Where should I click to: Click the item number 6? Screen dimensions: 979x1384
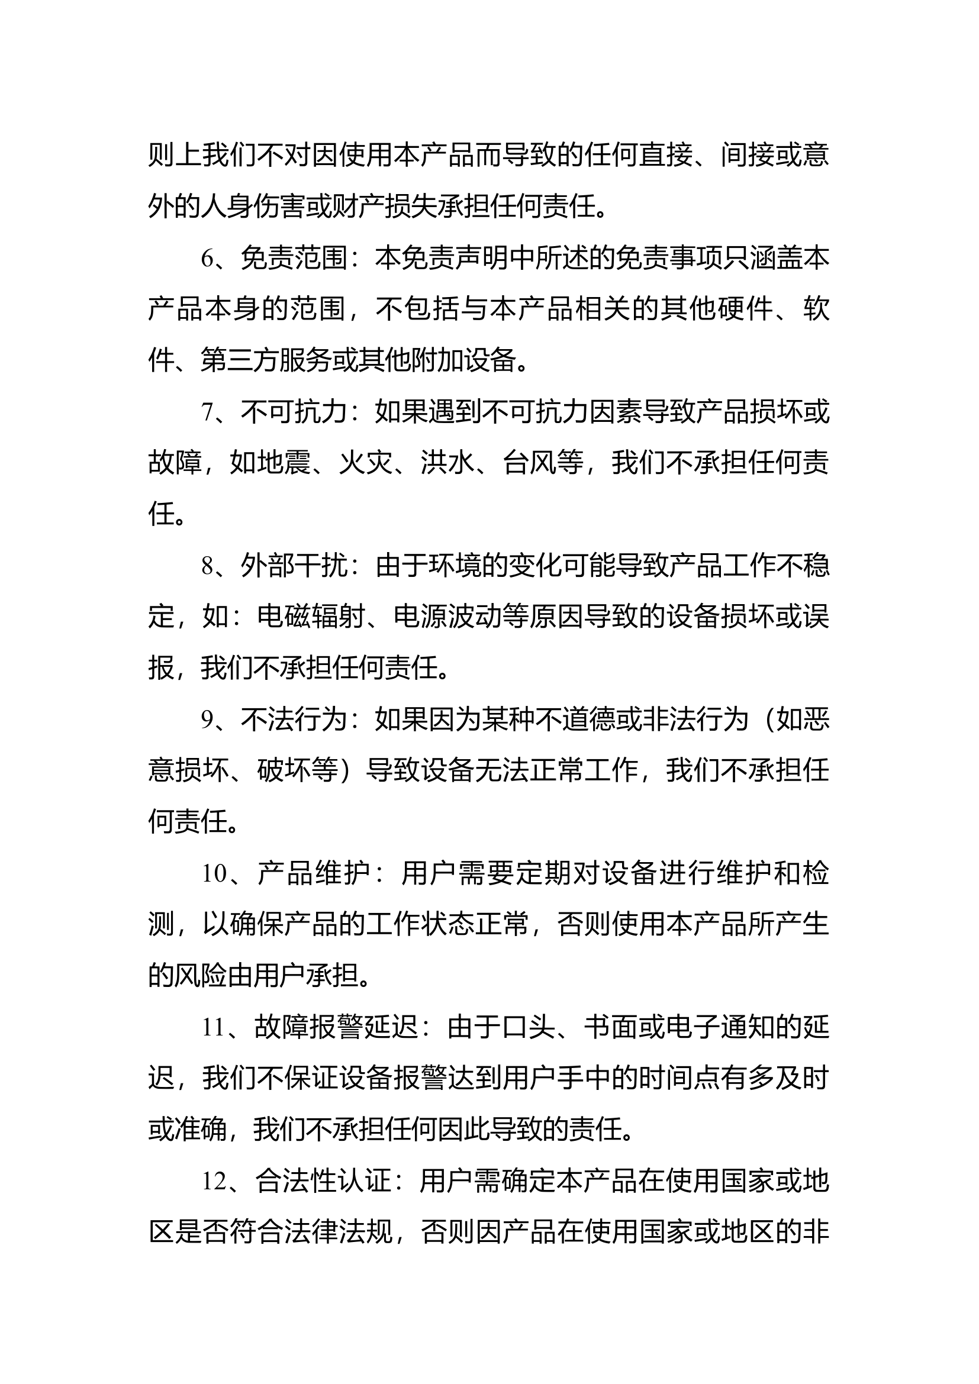[208, 259]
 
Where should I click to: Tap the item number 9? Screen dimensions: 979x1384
[208, 720]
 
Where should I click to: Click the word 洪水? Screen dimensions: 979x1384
[447, 463]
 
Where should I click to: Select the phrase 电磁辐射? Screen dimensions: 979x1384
[311, 617]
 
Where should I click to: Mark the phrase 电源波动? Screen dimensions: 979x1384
[447, 617]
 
